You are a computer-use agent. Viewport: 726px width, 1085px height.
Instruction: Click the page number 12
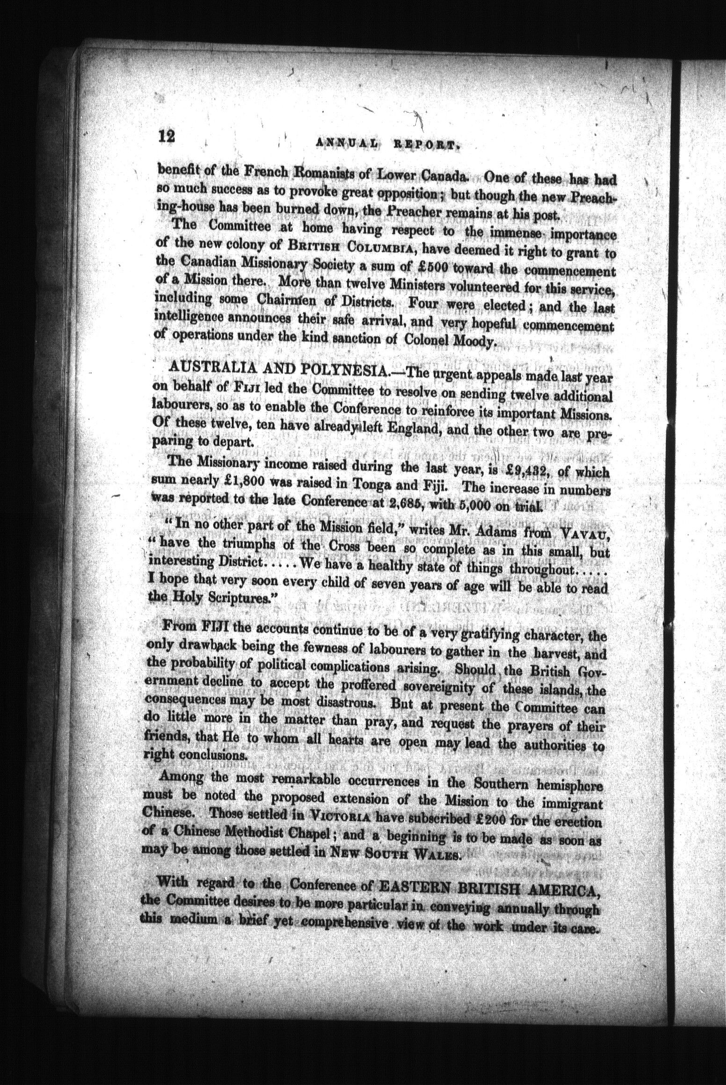coord(167,137)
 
